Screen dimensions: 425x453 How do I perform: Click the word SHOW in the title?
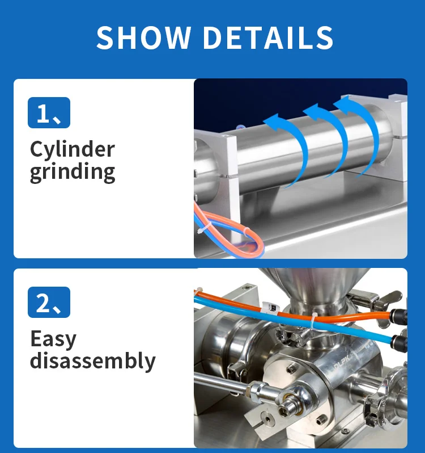click(143, 37)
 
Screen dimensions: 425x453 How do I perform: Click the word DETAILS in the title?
click(269, 37)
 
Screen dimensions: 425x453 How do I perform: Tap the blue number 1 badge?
click(49, 112)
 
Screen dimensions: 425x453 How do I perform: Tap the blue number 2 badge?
click(49, 302)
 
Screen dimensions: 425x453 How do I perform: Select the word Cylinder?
click(73, 149)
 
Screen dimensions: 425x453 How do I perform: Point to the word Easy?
click(53, 339)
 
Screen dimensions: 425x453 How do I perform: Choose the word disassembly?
click(93, 360)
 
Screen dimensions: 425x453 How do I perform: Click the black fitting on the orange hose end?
click(398, 317)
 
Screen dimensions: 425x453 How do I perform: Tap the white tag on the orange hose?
click(270, 309)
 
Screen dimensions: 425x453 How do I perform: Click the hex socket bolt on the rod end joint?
click(286, 410)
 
